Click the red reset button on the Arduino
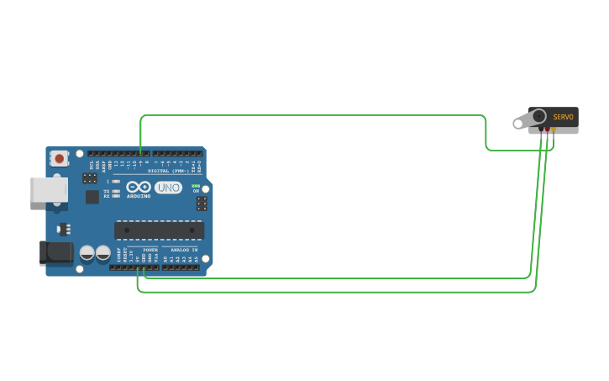click(59, 158)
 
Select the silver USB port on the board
click(49, 189)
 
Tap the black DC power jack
click(56, 251)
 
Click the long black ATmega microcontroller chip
click(159, 230)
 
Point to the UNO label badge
click(168, 188)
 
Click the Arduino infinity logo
click(139, 187)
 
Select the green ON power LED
click(196, 186)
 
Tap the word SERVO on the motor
click(563, 117)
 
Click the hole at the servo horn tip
click(517, 125)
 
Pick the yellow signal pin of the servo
click(553, 130)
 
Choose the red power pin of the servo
click(547, 130)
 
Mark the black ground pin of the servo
click(541, 130)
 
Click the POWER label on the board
click(150, 250)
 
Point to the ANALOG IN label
click(184, 250)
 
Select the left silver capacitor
click(87, 252)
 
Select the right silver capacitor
click(102, 252)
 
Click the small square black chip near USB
click(92, 197)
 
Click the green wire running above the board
click(311, 115)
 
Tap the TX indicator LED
click(115, 191)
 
